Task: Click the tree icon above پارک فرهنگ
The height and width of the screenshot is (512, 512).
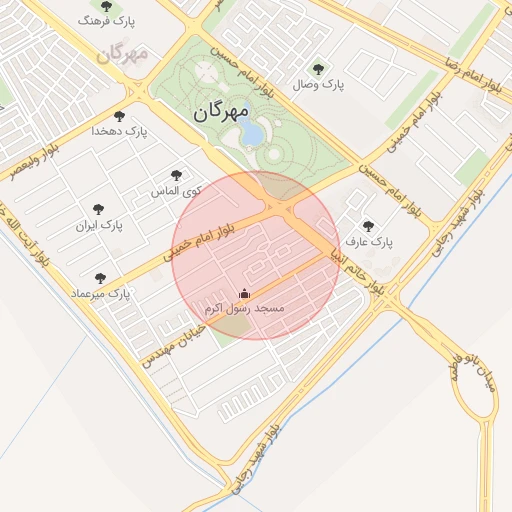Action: click(x=107, y=6)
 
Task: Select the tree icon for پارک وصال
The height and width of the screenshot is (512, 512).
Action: click(x=318, y=69)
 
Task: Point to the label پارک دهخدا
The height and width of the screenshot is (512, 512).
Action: click(x=119, y=131)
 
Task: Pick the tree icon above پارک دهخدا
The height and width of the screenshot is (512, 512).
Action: click(x=120, y=116)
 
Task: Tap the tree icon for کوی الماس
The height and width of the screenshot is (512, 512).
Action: click(x=177, y=175)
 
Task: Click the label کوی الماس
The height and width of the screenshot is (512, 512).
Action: click(x=176, y=190)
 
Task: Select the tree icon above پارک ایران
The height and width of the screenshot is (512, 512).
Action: click(x=98, y=209)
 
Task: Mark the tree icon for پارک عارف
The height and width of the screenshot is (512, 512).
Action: click(x=368, y=226)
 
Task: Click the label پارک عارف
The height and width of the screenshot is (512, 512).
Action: click(x=370, y=242)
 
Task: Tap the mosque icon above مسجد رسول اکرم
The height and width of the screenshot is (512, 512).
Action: click(x=245, y=294)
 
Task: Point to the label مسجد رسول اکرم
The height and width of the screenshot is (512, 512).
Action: click(x=245, y=309)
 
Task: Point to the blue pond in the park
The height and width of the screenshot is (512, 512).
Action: click(x=253, y=133)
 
